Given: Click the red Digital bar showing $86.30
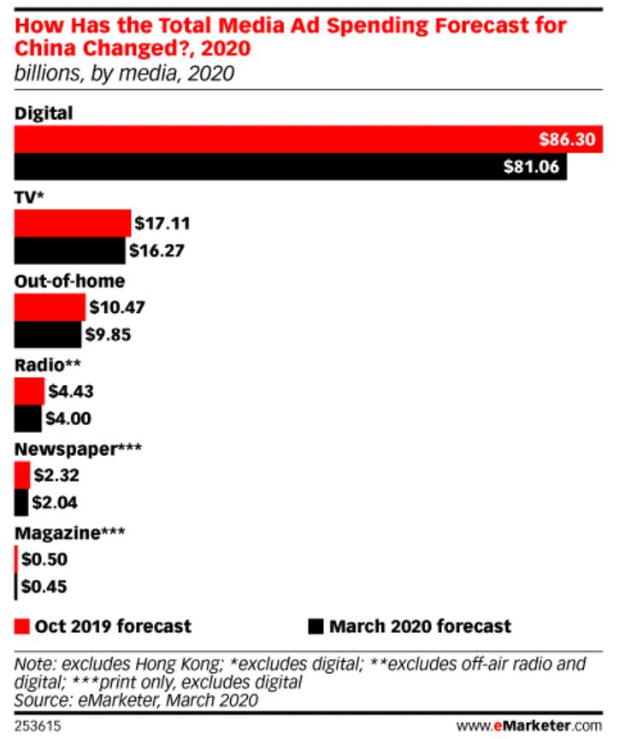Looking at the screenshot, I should [x=308, y=139].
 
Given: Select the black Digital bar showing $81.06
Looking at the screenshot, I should [x=291, y=168].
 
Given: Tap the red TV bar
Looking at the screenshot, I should [x=73, y=224].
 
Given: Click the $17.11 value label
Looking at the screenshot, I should [x=162, y=224].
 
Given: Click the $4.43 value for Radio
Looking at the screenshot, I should [x=71, y=392].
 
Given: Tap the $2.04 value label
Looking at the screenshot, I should [x=56, y=503].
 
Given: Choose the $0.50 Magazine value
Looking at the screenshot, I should [x=44, y=559].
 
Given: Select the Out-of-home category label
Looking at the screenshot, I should [x=69, y=281].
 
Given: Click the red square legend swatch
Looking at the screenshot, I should [x=23, y=626].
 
